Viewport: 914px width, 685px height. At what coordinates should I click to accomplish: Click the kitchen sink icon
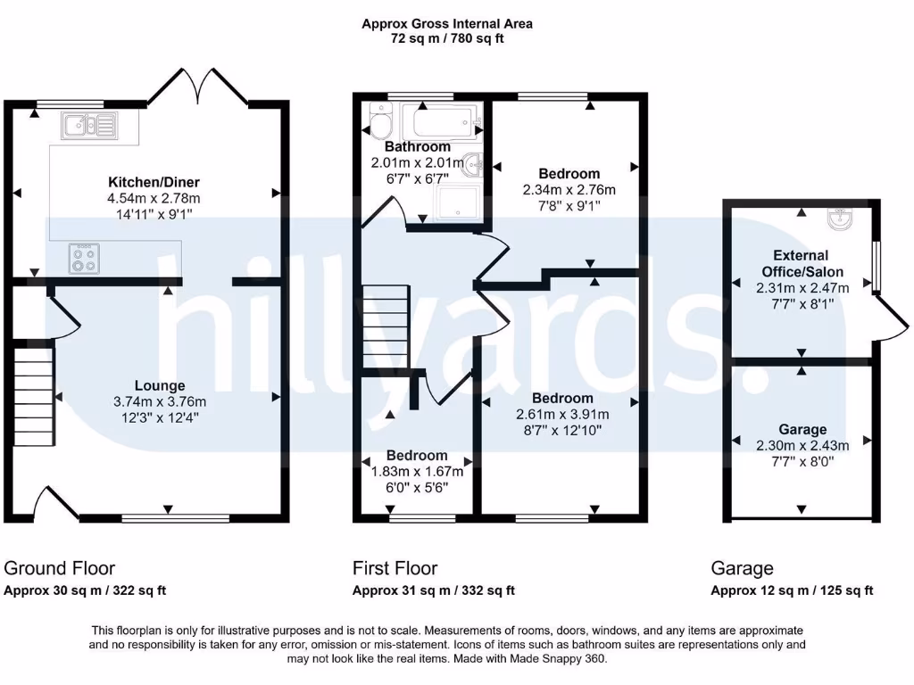(89, 126)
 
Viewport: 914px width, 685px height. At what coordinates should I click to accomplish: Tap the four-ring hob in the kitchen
(83, 259)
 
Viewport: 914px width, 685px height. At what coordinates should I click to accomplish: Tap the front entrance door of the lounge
(55, 502)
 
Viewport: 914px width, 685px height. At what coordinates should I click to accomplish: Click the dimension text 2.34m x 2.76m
(569, 190)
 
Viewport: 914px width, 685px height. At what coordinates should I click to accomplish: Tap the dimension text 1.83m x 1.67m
(417, 472)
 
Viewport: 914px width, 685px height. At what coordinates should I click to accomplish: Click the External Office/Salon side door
(891, 318)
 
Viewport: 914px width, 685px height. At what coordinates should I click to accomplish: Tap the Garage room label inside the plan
(802, 429)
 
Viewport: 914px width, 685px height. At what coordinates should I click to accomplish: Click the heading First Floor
(395, 568)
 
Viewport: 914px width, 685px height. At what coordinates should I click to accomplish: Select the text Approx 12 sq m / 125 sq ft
(792, 590)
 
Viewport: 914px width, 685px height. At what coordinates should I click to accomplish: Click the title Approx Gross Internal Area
(446, 24)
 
